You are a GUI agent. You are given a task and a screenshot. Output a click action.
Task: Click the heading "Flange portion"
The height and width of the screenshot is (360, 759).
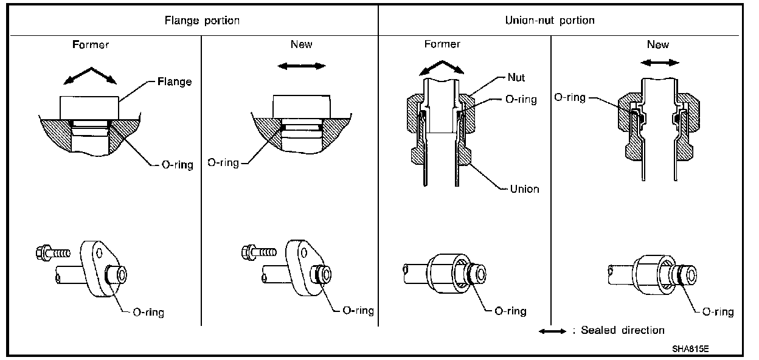coord(203,20)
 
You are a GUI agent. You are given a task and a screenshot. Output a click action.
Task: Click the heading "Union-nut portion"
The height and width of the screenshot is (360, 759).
coord(550,20)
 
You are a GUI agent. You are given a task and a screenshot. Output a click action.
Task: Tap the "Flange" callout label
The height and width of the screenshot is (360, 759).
coord(175,81)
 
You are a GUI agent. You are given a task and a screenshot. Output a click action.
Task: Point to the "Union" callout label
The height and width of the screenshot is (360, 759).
coord(524,189)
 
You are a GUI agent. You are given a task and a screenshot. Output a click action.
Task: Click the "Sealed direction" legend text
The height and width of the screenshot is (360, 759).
coord(623,330)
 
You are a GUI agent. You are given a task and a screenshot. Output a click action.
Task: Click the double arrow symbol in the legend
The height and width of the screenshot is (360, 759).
coord(553,331)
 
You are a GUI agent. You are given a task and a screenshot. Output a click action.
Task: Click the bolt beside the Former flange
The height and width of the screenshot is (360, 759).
coord(53,251)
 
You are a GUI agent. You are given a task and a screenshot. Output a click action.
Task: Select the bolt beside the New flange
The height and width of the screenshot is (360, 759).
coord(259,251)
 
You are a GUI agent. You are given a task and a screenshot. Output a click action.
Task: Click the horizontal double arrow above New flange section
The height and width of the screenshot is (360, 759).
coord(296,66)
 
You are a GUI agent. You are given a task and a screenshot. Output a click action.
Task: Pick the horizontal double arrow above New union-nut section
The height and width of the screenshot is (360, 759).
coord(661,63)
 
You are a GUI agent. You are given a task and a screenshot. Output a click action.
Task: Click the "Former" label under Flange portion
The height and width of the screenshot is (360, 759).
coord(90,44)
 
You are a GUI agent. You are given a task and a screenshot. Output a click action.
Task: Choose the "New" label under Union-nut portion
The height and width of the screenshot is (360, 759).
coord(658,44)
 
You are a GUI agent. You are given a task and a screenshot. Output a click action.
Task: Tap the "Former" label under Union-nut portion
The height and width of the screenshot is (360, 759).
coord(442,44)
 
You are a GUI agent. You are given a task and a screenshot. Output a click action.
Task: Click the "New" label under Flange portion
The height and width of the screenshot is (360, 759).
coord(302,44)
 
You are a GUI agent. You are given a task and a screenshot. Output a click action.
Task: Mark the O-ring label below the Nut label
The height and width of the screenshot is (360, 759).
coord(521,99)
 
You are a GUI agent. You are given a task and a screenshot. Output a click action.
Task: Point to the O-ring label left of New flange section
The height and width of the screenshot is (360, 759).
coord(223,163)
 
